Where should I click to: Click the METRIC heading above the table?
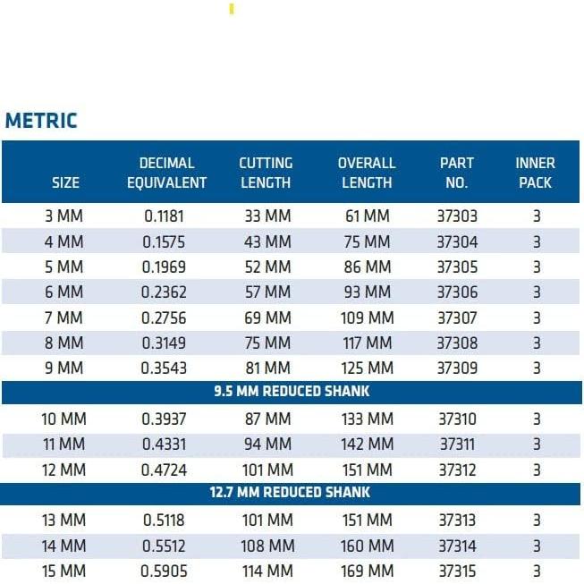coord(41,121)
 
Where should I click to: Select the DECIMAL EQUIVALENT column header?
coord(166,173)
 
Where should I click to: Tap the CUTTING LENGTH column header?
coord(266,173)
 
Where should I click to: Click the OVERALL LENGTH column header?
coord(367,173)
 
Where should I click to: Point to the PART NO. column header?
coord(456,173)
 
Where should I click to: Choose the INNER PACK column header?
coord(535,173)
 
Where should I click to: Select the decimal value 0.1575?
coord(165,241)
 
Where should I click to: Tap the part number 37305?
coord(456,267)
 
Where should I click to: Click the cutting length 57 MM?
coord(267,292)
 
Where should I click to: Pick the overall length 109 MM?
coord(367,317)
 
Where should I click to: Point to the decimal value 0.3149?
coord(165,343)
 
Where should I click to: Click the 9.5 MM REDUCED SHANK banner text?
coord(292,391)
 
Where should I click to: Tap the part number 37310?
coord(456,419)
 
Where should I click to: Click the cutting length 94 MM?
coord(267,444)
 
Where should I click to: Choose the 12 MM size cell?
coord(63,470)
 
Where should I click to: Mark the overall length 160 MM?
coord(367,546)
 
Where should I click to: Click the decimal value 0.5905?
coord(165,571)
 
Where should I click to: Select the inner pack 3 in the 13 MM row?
coord(537,520)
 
